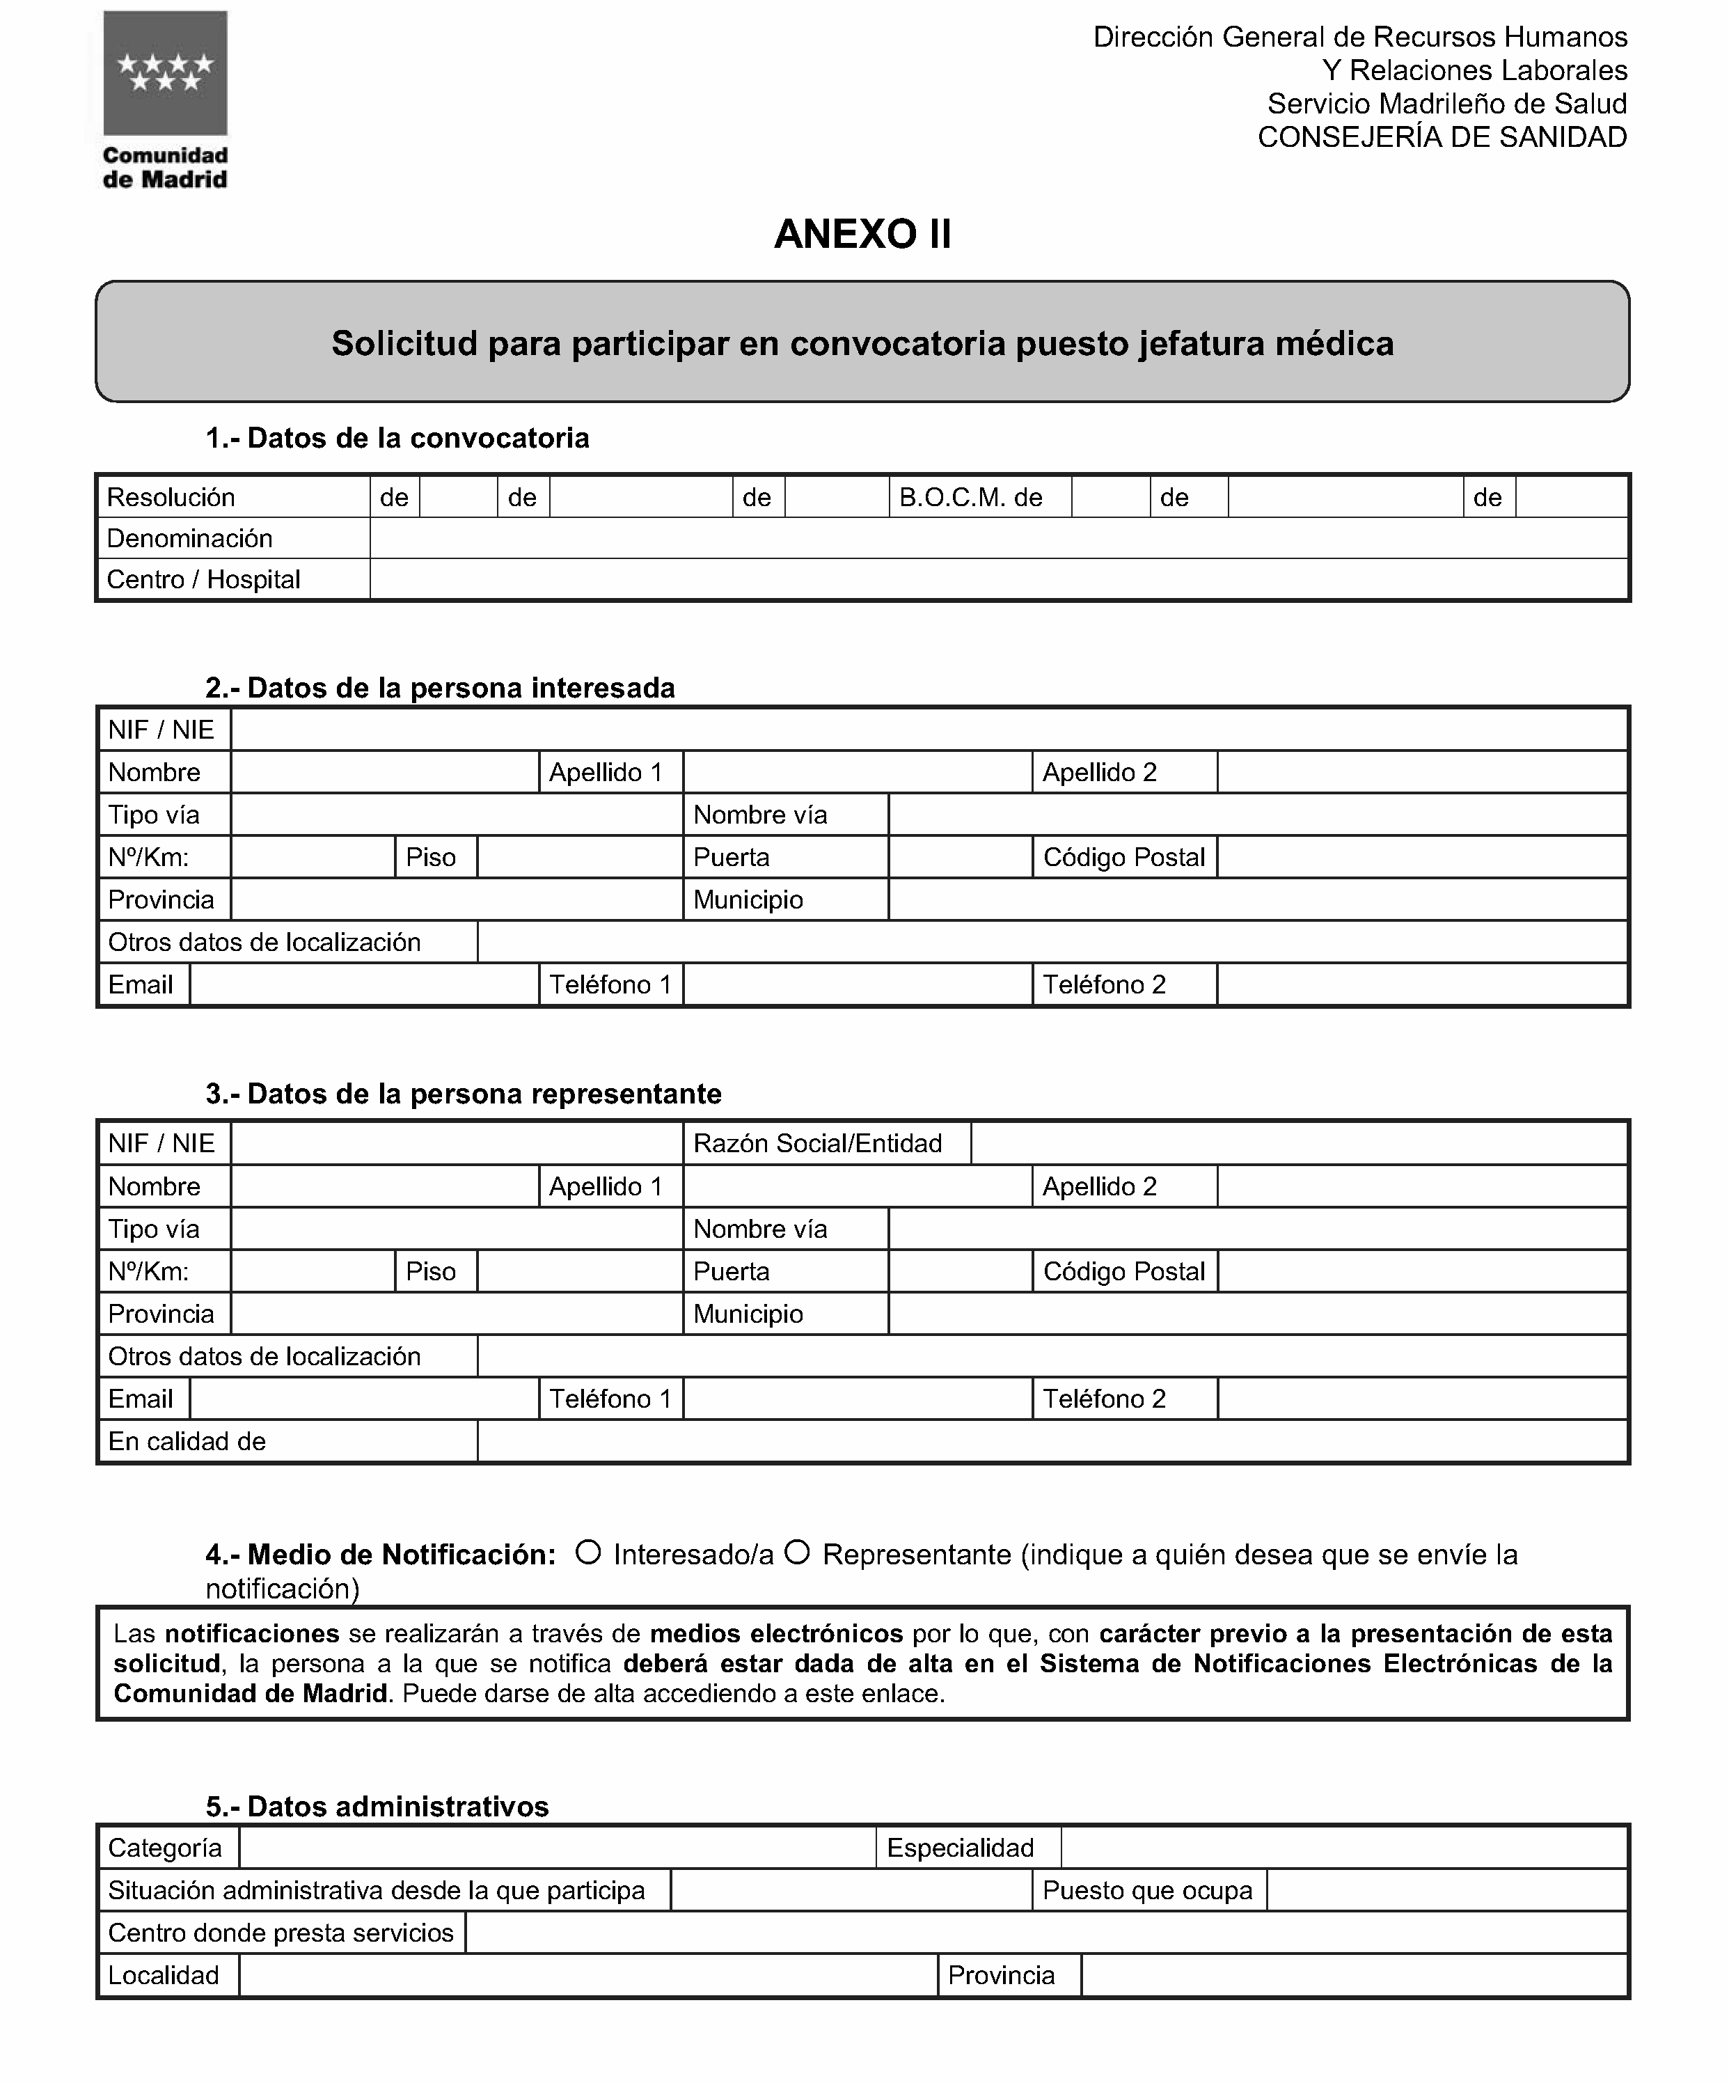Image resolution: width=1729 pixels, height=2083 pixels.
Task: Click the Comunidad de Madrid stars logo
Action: pos(165,73)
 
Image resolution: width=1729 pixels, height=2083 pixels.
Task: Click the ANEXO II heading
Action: pos(862,234)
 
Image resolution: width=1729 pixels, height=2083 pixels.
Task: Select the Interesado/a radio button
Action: pos(588,1553)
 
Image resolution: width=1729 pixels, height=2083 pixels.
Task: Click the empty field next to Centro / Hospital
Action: pos(998,580)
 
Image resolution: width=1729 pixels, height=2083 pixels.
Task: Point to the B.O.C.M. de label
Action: pos(970,497)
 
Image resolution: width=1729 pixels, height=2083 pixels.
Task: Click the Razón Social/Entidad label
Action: pos(817,1144)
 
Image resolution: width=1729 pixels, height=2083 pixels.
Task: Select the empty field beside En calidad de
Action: pos(1052,1441)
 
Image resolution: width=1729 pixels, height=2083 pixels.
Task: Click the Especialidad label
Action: pos(961,1848)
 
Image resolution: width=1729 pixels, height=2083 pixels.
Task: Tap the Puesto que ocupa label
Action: pos(1148,1891)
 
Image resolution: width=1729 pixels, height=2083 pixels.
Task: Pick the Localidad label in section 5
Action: pos(164,1976)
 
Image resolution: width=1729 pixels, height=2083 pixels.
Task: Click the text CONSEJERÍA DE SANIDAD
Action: pos(1442,138)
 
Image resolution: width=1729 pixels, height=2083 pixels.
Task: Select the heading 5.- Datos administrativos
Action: pos(377,1806)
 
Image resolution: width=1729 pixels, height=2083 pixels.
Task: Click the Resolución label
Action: pos(171,497)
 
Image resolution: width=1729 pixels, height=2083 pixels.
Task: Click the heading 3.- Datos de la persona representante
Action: pos(464,1094)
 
